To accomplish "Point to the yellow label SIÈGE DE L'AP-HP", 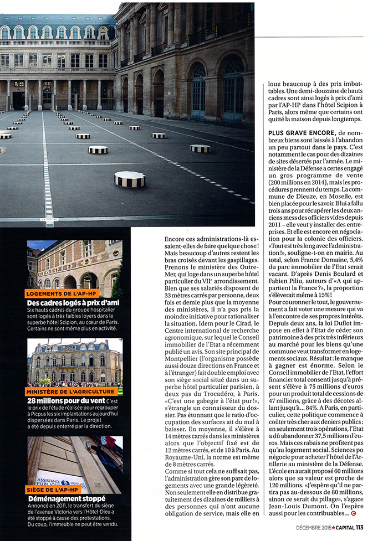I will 53,490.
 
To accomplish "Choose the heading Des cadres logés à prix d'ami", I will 72,302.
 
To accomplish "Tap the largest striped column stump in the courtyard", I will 129,179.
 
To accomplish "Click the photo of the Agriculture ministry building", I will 74,363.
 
